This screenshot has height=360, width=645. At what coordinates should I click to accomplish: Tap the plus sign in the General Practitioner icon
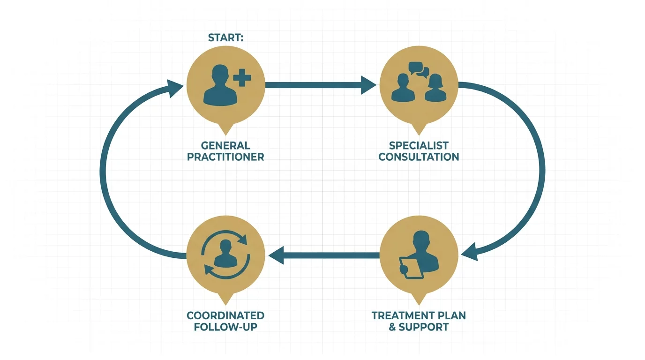pyautogui.click(x=242, y=77)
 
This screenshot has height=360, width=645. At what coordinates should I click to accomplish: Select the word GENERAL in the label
pyautogui.click(x=225, y=145)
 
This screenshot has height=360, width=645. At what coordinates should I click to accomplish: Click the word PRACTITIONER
pyautogui.click(x=225, y=157)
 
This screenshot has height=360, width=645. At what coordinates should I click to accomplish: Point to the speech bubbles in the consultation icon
pyautogui.click(x=419, y=69)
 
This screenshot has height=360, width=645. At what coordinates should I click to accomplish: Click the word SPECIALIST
pyautogui.click(x=419, y=145)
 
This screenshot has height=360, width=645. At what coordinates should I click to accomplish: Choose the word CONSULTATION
pyautogui.click(x=419, y=157)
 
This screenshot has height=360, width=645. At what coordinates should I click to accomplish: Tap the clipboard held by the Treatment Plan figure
pyautogui.click(x=411, y=268)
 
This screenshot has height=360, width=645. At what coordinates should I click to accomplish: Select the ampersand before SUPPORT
pyautogui.click(x=392, y=327)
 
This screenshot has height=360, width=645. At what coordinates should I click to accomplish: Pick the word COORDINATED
pyautogui.click(x=225, y=315)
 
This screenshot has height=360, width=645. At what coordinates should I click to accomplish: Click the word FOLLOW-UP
pyautogui.click(x=225, y=327)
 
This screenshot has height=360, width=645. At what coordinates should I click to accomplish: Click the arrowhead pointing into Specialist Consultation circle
pyautogui.click(x=368, y=85)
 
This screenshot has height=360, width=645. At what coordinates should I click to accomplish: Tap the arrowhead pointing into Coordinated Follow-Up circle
pyautogui.click(x=277, y=255)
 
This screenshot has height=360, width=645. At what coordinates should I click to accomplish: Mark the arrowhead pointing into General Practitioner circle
pyautogui.click(x=175, y=88)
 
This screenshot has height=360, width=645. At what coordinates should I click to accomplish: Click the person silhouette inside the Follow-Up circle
pyautogui.click(x=225, y=254)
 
